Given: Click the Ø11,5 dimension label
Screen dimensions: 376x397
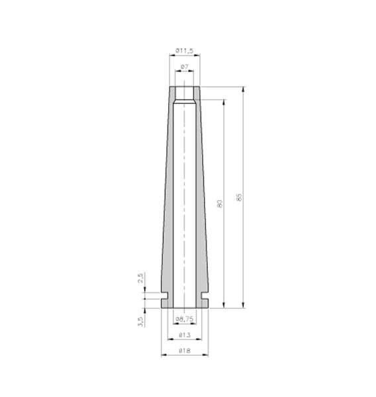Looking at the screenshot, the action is (x=185, y=51).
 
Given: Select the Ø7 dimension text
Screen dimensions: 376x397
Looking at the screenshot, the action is (x=185, y=67).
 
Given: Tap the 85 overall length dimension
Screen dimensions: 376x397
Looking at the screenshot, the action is (x=239, y=197).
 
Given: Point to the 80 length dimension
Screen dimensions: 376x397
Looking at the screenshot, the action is (x=220, y=204).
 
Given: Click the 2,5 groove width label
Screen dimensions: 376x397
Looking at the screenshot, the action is (x=141, y=278).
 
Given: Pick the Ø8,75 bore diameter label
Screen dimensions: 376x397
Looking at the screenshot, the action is (x=185, y=320).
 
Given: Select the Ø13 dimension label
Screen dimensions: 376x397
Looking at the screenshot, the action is (x=185, y=335).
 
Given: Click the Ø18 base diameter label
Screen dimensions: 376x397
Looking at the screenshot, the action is (x=185, y=351).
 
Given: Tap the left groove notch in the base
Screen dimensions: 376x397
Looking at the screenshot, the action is (x=165, y=296).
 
